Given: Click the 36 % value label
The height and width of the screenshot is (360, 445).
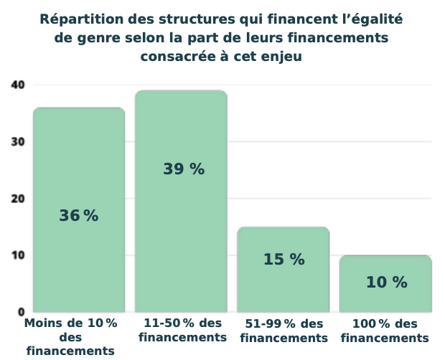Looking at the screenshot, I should [x=79, y=215].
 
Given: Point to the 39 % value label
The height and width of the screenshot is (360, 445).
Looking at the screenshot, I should [x=184, y=169].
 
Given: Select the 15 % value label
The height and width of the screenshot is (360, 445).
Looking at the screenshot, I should [x=284, y=260].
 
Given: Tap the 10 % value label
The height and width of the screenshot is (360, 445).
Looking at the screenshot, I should [x=386, y=283].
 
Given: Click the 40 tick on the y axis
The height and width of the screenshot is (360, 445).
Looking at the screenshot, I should [x=18, y=85].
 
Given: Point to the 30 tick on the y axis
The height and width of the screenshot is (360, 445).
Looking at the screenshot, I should [x=18, y=141].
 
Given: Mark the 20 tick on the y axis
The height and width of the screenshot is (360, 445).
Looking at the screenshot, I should [x=18, y=199].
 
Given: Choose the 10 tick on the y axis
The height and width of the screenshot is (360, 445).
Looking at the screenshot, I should [x=18, y=255].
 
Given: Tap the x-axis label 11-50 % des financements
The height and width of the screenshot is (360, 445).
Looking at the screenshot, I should [x=182, y=331].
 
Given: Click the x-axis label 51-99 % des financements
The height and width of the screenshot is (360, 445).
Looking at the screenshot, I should [x=284, y=331].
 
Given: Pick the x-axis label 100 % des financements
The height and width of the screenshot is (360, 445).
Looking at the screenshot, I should [x=385, y=331].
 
